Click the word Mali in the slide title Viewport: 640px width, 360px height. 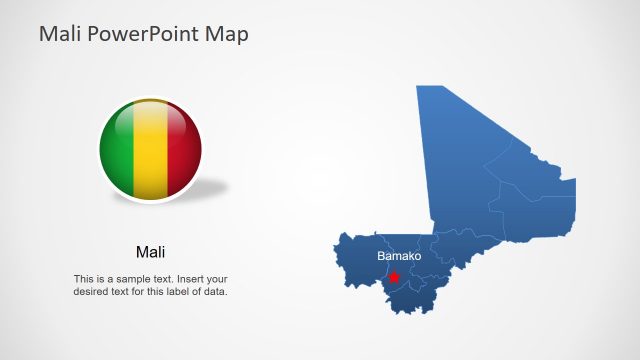click(59, 34)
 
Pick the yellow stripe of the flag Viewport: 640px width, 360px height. click(150, 150)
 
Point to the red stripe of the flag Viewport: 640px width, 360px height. click(182, 150)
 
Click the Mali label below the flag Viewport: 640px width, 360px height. click(150, 251)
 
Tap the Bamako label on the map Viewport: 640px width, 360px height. click(399, 257)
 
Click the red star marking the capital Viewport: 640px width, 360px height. click(394, 277)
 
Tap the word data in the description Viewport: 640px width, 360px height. click(217, 292)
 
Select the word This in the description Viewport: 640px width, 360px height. click(83, 279)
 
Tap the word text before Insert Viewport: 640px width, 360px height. click(165, 279)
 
